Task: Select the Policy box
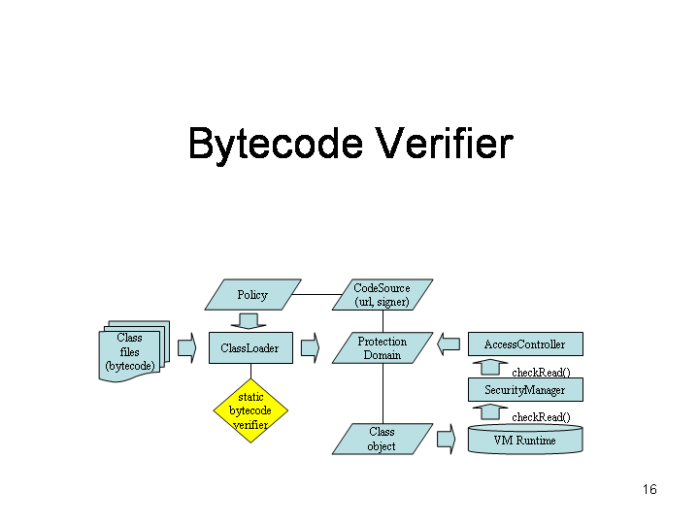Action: [x=252, y=295]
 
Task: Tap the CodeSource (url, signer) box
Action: [x=382, y=295]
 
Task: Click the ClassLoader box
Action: [x=250, y=348]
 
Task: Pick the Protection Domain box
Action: [x=382, y=348]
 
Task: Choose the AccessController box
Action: [x=524, y=344]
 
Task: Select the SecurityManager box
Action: [x=524, y=390]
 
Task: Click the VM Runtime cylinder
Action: [x=524, y=441]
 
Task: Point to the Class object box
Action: [x=382, y=439]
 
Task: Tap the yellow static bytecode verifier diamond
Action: [x=250, y=410]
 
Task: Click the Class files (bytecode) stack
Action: [x=132, y=352]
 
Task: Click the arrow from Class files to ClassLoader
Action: [x=187, y=347]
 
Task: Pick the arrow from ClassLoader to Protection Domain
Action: [x=311, y=347]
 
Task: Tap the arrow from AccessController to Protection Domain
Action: [x=448, y=344]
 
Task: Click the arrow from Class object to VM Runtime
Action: [x=447, y=439]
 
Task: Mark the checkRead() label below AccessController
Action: [x=541, y=372]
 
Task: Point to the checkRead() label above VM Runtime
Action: [x=541, y=417]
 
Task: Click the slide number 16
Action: [x=649, y=489]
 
